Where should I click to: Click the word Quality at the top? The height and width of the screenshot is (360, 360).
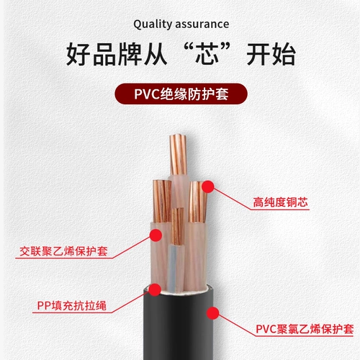click(x=151, y=24)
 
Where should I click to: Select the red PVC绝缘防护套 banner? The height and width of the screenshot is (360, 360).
click(x=180, y=94)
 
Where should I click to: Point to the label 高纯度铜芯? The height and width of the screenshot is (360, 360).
click(x=280, y=203)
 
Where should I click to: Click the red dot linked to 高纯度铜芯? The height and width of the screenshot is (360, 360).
click(x=207, y=187)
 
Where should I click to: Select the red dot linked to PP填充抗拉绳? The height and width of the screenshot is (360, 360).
click(x=154, y=290)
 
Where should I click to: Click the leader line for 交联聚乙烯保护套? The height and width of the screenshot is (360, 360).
click(x=130, y=245)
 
